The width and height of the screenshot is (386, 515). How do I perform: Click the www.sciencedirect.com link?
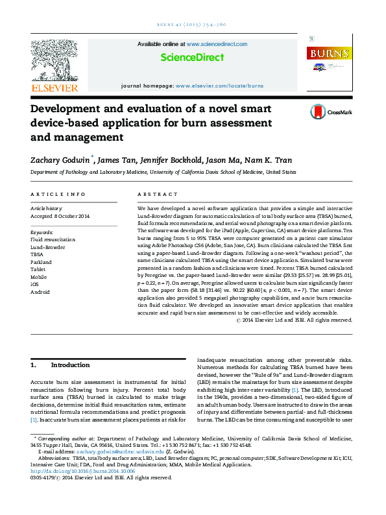(x=217, y=43)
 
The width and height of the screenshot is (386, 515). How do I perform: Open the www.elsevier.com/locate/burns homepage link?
(x=219, y=86)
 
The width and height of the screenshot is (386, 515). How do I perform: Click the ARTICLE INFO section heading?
(x=58, y=194)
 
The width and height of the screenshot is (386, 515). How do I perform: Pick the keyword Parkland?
(x=41, y=262)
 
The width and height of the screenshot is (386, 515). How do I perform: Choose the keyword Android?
(x=40, y=292)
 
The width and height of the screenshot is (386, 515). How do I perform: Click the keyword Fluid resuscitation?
(x=53, y=239)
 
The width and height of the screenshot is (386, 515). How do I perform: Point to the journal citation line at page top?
(x=192, y=24)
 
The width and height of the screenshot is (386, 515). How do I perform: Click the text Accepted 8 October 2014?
(x=60, y=216)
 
